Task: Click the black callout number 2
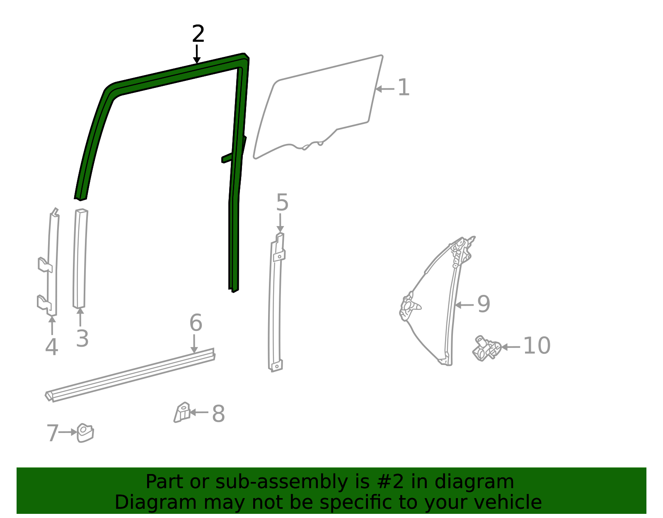198,34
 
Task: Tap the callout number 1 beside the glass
403,87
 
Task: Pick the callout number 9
484,304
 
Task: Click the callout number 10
537,345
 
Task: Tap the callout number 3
82,338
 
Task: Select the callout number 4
51,347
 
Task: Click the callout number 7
53,433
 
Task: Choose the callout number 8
218,413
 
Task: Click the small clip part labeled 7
85,433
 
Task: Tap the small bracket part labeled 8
182,412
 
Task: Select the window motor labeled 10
486,348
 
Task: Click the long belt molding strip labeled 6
131,375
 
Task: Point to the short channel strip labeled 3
80,258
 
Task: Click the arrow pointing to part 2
197,54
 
